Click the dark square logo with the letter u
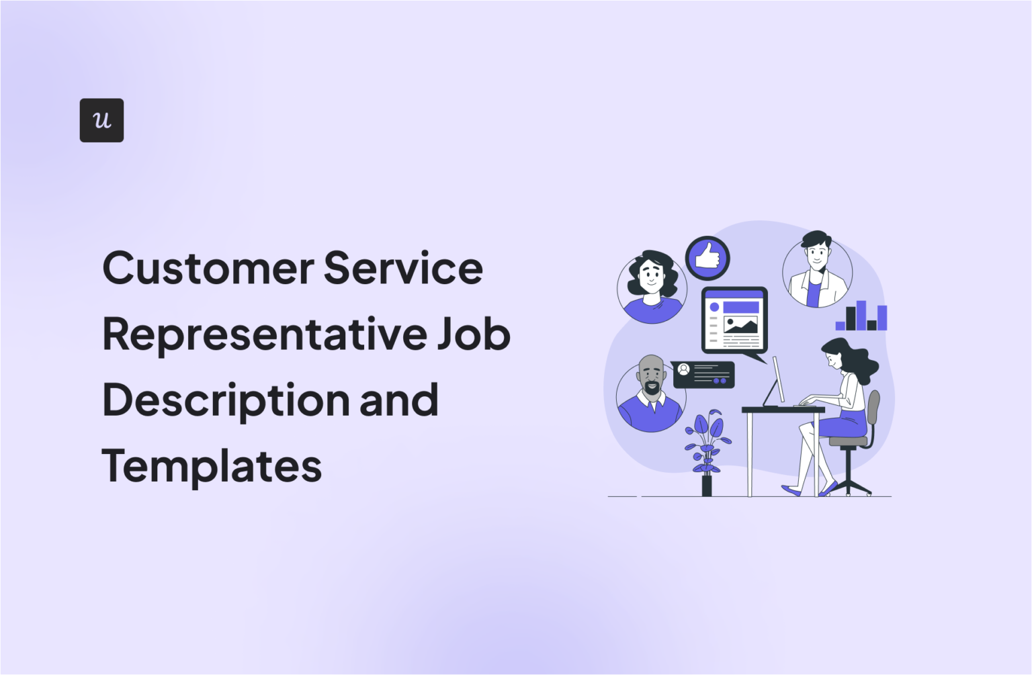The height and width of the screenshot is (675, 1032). (101, 120)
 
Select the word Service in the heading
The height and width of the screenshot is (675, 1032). (403, 268)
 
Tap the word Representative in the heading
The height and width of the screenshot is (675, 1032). (264, 334)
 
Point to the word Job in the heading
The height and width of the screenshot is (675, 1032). (474, 334)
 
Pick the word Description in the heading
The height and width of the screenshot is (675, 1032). (225, 401)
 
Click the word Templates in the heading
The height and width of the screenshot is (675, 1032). (212, 466)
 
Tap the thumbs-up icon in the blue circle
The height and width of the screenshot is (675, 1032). (707, 258)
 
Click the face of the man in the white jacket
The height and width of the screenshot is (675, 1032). (817, 254)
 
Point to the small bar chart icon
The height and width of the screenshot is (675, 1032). (861, 316)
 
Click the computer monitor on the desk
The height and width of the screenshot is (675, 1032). (777, 380)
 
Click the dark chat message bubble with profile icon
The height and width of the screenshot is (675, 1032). (703, 375)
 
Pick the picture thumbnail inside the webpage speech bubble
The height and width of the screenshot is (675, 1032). (740, 326)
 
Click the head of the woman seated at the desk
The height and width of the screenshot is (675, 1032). (836, 354)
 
